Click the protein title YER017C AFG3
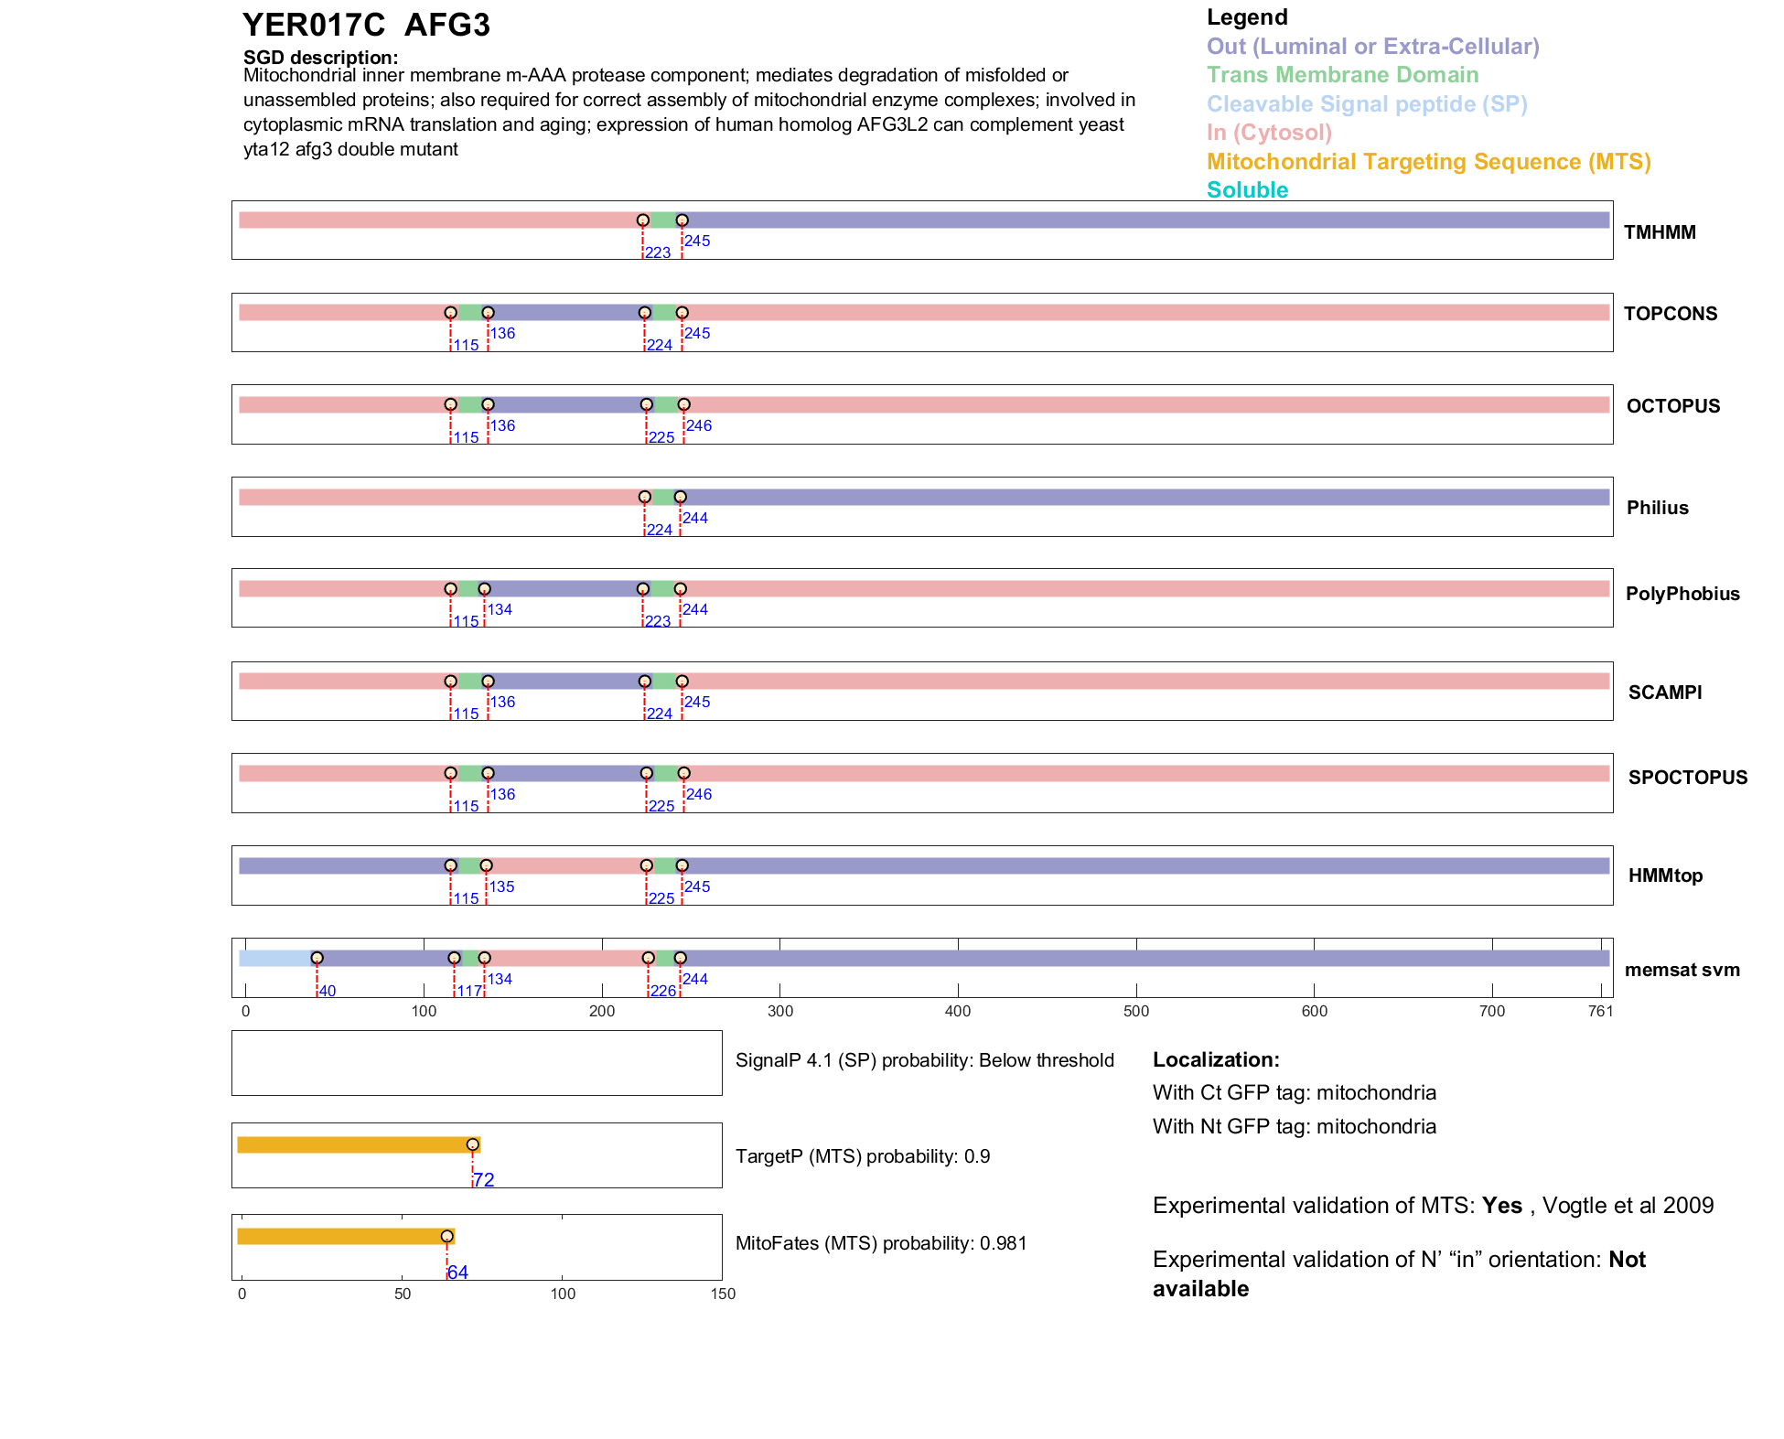[x=366, y=26]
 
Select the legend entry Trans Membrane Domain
[x=1342, y=75]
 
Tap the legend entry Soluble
[x=1247, y=190]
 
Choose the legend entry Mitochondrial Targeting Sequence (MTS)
[x=1428, y=162]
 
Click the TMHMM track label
[x=1659, y=232]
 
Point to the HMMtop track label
[x=1665, y=875]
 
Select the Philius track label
[x=1657, y=508]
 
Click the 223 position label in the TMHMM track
[x=657, y=253]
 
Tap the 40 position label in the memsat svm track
[x=328, y=992]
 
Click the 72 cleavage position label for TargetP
[x=484, y=1180]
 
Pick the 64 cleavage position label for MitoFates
[x=457, y=1273]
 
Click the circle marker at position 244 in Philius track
[x=680, y=497]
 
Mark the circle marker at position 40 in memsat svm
[x=317, y=958]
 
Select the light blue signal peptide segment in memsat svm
[x=274, y=958]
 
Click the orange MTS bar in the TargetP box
[x=357, y=1144]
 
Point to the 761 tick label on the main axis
[x=1600, y=1011]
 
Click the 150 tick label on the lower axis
[x=723, y=1294]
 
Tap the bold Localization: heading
[x=1216, y=1059]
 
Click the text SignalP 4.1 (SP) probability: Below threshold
[x=924, y=1060]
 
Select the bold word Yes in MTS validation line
[x=1501, y=1206]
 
